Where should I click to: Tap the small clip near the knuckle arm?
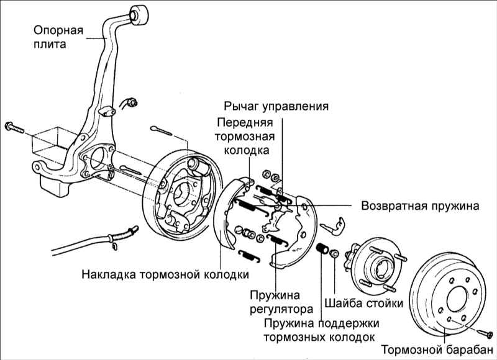click(130, 102)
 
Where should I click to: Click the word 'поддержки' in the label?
click(350, 324)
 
